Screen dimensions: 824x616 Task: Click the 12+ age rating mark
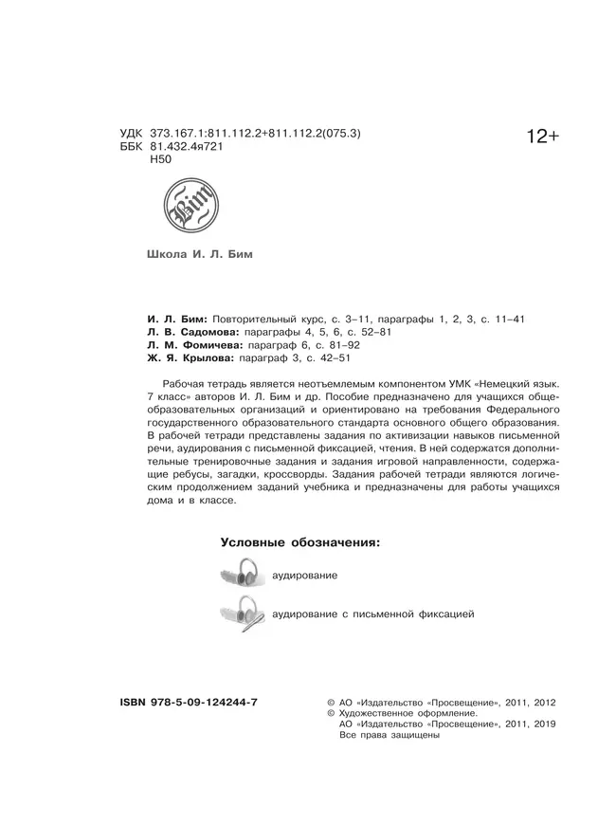543,138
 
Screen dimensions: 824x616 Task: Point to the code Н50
161,162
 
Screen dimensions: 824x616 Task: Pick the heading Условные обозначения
300,543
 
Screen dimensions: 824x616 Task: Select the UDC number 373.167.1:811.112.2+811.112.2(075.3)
263,134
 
